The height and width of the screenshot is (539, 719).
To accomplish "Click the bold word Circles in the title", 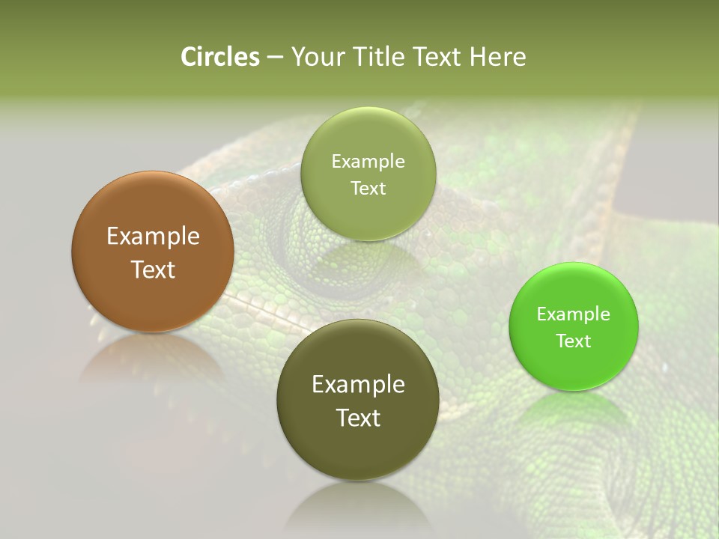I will (x=220, y=57).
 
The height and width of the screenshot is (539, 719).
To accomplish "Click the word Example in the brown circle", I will (x=153, y=237).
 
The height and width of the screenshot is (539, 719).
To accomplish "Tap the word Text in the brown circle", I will (x=153, y=269).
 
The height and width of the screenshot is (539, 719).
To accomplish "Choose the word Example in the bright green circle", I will (x=574, y=314).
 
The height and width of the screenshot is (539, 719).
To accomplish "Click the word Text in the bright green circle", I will (x=574, y=341).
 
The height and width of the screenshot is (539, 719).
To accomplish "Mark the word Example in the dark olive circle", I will (x=358, y=385).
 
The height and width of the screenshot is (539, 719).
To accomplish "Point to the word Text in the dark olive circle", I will (x=358, y=418).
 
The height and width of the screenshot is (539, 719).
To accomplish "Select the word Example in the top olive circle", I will (x=368, y=162).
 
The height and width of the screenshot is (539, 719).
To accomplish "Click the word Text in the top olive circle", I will (x=368, y=189).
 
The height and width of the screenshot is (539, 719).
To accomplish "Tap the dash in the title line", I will (x=274, y=58).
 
